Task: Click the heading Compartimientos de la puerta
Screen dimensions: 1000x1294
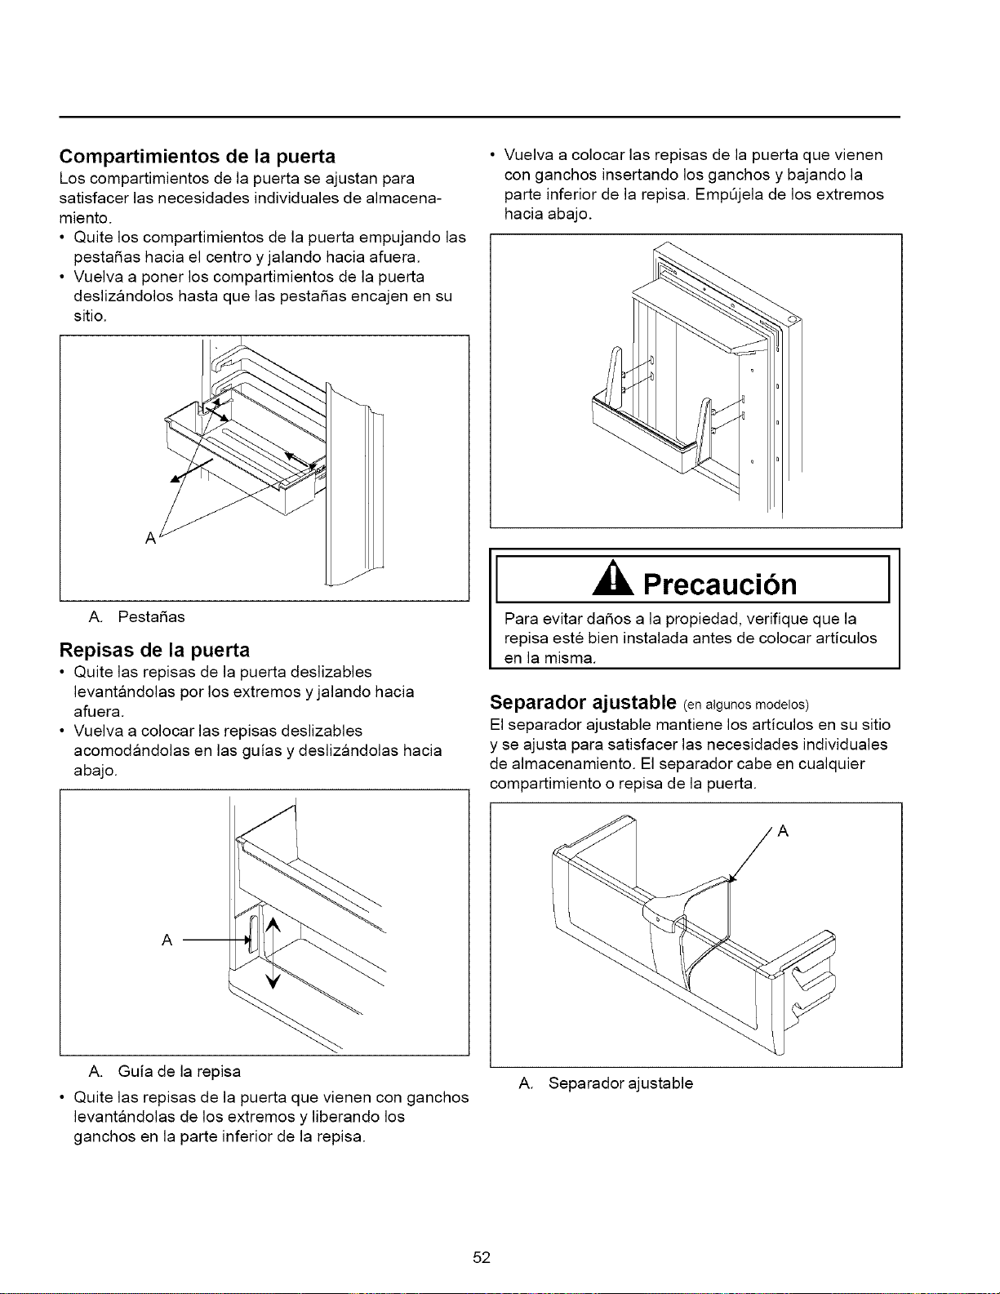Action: coord(197,156)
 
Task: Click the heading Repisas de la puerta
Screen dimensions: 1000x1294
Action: coord(154,650)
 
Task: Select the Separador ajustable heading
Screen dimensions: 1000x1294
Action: coord(583,703)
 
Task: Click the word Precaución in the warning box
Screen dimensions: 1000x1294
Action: coord(720,585)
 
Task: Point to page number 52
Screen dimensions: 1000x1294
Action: coord(482,1257)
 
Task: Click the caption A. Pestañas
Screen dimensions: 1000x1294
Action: coord(136,617)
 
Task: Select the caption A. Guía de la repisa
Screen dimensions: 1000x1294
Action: coord(164,1072)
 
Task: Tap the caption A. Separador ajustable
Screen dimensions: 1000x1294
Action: coord(606,1083)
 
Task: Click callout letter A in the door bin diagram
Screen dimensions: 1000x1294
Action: coord(150,538)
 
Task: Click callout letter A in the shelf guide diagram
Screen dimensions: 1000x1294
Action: coord(167,940)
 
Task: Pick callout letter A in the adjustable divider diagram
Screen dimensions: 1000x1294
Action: coord(784,831)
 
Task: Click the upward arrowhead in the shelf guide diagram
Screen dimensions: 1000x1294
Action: coord(272,925)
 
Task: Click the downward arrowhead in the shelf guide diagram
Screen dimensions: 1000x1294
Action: coord(273,981)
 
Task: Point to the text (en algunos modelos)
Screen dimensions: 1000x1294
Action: coord(746,705)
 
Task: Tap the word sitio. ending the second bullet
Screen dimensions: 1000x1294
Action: coord(90,316)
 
